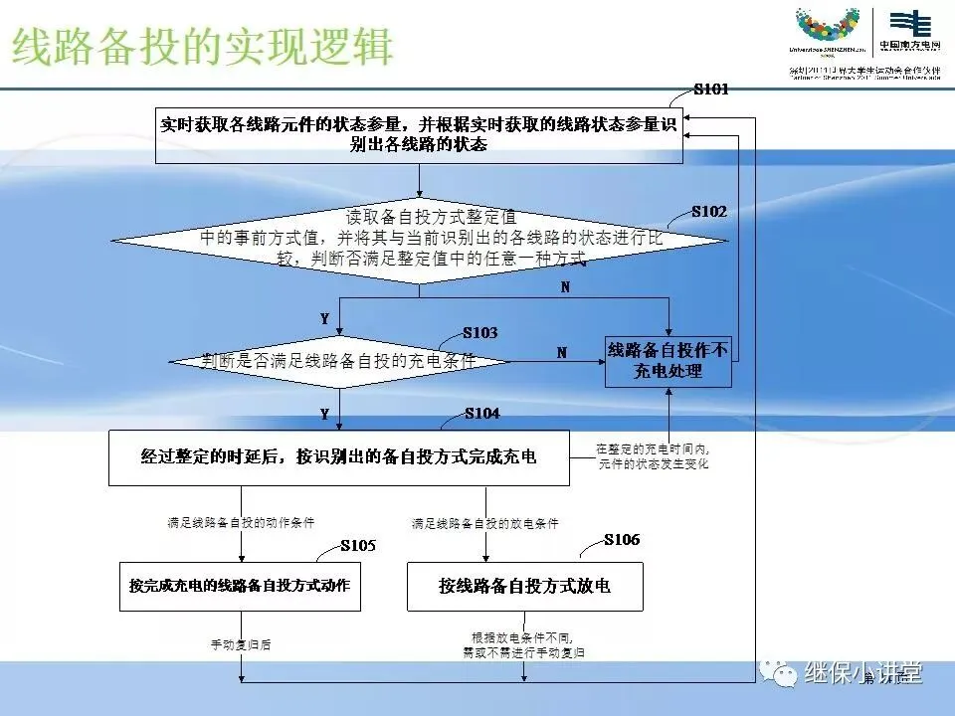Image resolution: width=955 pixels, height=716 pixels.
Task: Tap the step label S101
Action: (711, 89)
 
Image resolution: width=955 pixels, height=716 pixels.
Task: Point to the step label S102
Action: (709, 212)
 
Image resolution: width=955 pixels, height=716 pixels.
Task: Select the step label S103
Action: (480, 332)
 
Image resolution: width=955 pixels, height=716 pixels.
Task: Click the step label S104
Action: (481, 413)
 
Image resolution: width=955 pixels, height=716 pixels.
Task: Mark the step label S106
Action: (622, 540)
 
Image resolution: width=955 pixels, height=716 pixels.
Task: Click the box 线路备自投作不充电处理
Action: (668, 361)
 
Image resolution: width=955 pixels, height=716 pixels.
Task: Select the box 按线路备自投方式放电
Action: (524, 586)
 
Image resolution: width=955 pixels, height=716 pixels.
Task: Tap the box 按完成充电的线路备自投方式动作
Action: (239, 586)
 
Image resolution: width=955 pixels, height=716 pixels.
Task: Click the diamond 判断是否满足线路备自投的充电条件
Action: (338, 361)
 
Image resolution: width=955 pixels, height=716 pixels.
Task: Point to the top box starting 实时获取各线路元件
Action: (419, 135)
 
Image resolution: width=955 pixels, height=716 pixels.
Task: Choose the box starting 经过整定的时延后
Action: (338, 457)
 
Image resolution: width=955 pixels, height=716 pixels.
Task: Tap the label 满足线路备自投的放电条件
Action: (484, 523)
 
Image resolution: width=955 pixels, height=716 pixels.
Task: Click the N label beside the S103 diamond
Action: (561, 352)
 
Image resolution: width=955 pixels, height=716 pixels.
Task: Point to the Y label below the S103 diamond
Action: (324, 412)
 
